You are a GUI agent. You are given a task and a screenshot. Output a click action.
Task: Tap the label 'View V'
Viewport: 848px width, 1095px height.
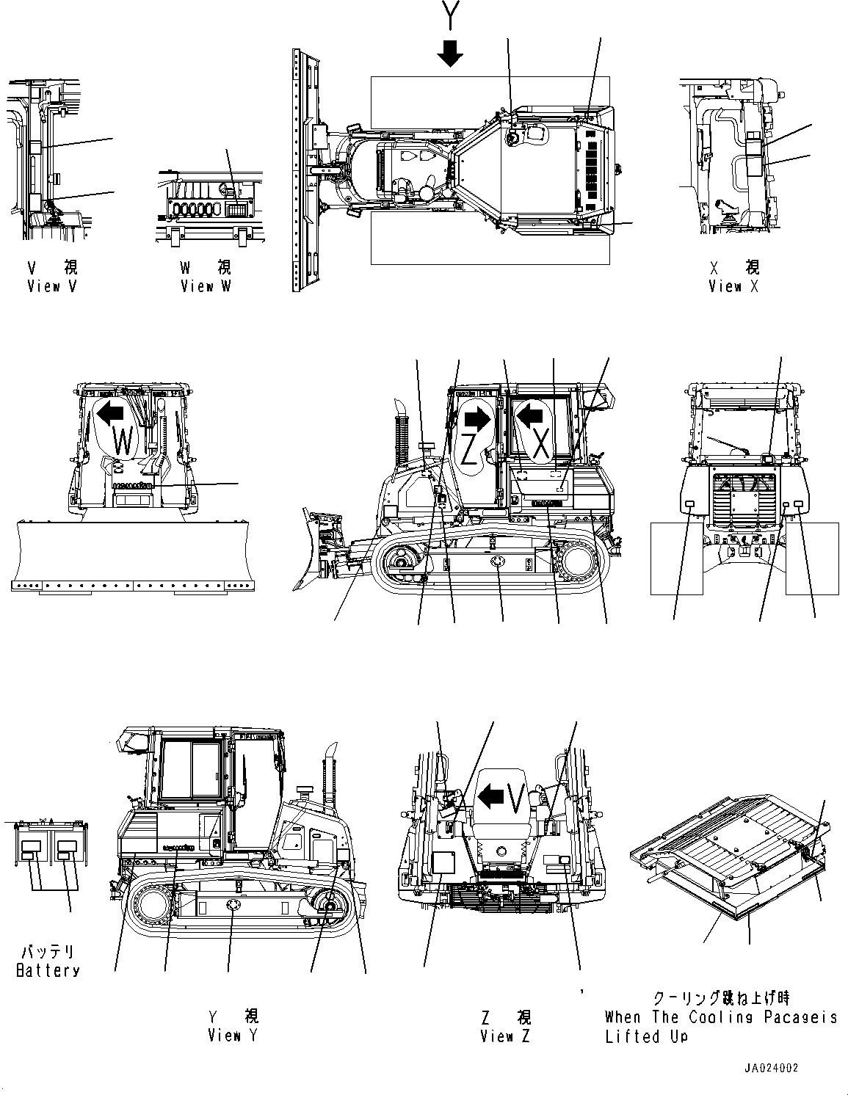coord(51,287)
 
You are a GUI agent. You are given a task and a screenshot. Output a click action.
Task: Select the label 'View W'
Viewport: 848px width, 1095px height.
coord(206,287)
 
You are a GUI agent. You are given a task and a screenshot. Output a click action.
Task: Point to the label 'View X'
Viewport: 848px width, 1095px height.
coord(733,287)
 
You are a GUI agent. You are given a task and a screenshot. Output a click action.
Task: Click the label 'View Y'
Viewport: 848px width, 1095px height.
coord(233,1036)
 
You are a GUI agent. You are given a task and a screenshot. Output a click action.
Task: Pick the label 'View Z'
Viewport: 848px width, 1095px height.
coord(505,1036)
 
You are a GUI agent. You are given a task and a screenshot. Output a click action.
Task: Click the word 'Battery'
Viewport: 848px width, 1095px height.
coord(48,970)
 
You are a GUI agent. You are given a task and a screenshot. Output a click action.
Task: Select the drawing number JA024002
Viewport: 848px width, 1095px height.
coord(770,1069)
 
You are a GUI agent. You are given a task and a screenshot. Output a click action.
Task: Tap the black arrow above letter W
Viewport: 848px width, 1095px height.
coord(111,414)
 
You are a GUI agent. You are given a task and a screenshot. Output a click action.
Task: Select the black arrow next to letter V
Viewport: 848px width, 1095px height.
coord(490,795)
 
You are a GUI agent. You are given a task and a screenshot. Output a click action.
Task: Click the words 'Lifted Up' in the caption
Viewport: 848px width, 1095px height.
coord(646,1036)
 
